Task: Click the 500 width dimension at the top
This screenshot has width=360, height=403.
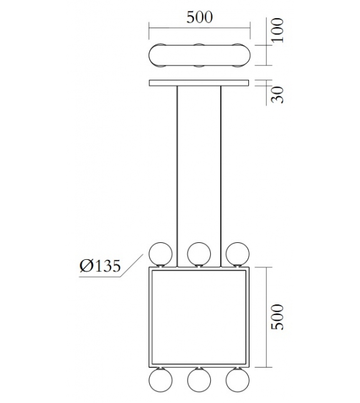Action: [x=199, y=17]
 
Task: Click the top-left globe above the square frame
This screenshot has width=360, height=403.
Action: [x=161, y=254]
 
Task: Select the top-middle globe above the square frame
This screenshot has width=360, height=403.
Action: [x=199, y=254]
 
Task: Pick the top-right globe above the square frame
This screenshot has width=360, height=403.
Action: [x=238, y=254]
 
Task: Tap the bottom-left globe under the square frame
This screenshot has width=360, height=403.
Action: [x=161, y=381]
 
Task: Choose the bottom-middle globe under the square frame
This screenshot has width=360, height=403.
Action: [x=199, y=381]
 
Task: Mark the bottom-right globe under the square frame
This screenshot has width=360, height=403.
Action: [x=238, y=381]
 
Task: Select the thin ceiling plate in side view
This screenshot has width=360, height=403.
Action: [x=199, y=83]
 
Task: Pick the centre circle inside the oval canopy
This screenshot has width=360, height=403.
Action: [x=199, y=55]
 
